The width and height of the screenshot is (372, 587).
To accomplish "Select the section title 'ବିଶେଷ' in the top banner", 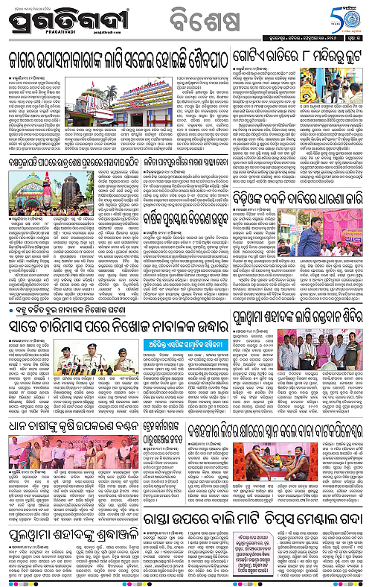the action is (202, 19).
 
